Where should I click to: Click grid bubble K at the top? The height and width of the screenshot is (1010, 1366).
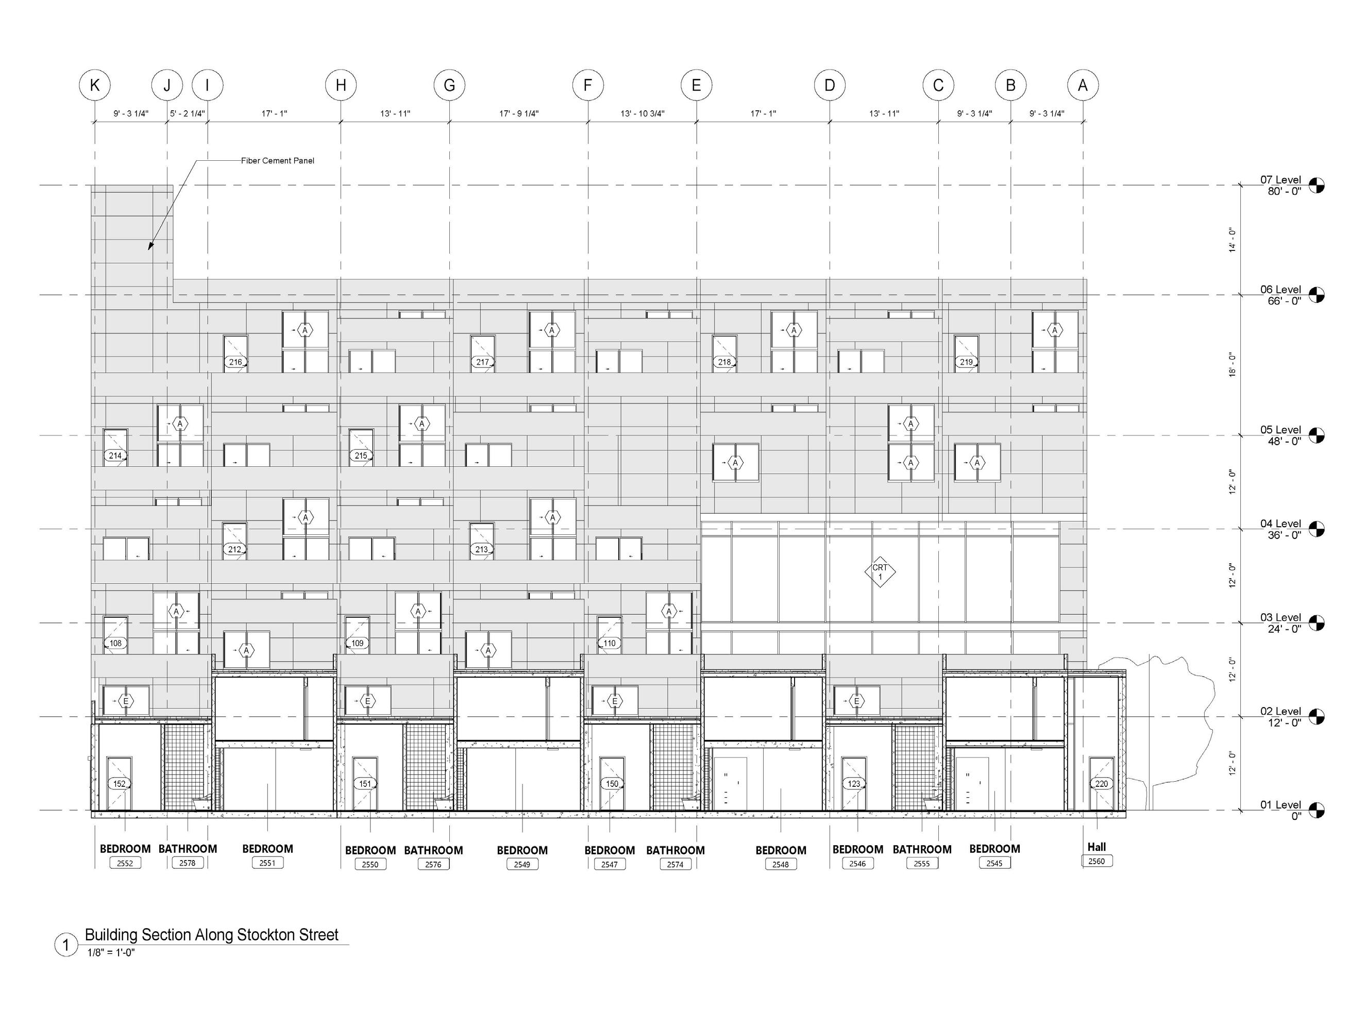click(x=95, y=85)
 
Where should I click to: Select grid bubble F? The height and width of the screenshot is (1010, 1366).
click(x=587, y=85)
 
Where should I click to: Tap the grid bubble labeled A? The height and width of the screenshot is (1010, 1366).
click(x=1083, y=85)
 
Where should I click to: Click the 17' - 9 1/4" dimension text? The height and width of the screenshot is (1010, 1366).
click(x=519, y=114)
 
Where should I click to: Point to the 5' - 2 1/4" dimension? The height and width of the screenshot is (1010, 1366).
click(x=187, y=114)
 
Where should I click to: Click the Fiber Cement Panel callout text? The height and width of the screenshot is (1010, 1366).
click(x=278, y=161)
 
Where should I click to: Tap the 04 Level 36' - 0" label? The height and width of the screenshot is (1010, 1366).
click(x=1280, y=529)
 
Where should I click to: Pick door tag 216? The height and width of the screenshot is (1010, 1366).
click(x=235, y=362)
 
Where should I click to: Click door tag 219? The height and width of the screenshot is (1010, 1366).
click(x=966, y=362)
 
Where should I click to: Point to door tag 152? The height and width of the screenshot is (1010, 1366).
click(x=119, y=784)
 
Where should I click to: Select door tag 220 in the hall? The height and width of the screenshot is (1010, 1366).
click(x=1101, y=784)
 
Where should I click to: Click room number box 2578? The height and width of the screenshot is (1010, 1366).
click(x=188, y=863)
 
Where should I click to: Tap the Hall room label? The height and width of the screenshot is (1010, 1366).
click(x=1097, y=847)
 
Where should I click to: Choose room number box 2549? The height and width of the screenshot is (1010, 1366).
click(x=522, y=865)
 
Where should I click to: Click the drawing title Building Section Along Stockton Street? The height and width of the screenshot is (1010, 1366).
click(x=211, y=935)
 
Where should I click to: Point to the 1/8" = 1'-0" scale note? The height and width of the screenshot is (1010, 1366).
click(x=111, y=952)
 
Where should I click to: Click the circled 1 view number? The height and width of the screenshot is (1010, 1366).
click(x=66, y=945)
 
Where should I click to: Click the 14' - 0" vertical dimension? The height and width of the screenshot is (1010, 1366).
click(x=1232, y=240)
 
